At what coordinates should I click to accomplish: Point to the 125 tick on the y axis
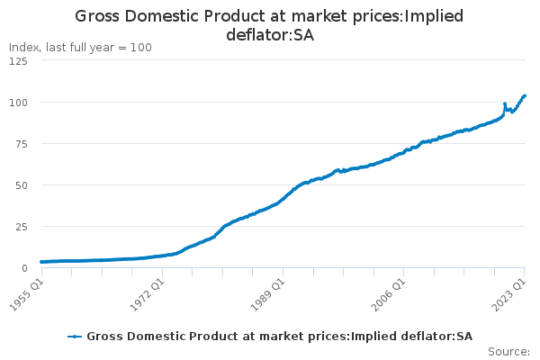[17, 61]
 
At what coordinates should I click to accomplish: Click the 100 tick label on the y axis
[17, 103]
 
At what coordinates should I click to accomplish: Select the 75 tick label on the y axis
[20, 144]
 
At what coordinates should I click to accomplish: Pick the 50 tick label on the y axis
[20, 185]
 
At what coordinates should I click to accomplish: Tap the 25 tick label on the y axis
[20, 227]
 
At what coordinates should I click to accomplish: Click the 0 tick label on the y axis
[23, 268]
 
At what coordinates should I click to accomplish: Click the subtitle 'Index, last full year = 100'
[80, 47]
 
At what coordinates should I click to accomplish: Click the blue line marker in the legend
[76, 337]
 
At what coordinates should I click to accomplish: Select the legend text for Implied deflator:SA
[279, 337]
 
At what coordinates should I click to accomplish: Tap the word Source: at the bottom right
[508, 352]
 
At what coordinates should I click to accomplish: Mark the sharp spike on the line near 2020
[505, 103]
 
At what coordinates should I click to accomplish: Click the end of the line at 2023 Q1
[525, 95]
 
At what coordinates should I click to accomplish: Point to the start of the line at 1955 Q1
[40, 262]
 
